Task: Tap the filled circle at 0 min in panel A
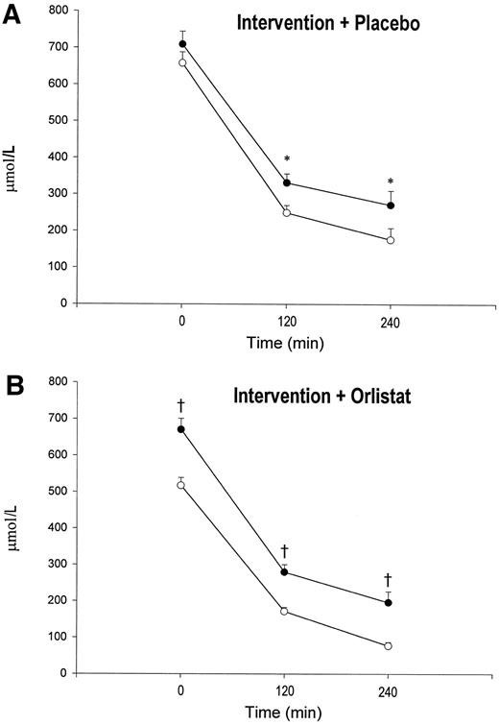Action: coord(182,44)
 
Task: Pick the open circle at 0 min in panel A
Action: coord(182,62)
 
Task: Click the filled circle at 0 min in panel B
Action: coord(181,429)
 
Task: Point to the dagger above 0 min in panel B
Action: coord(181,404)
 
